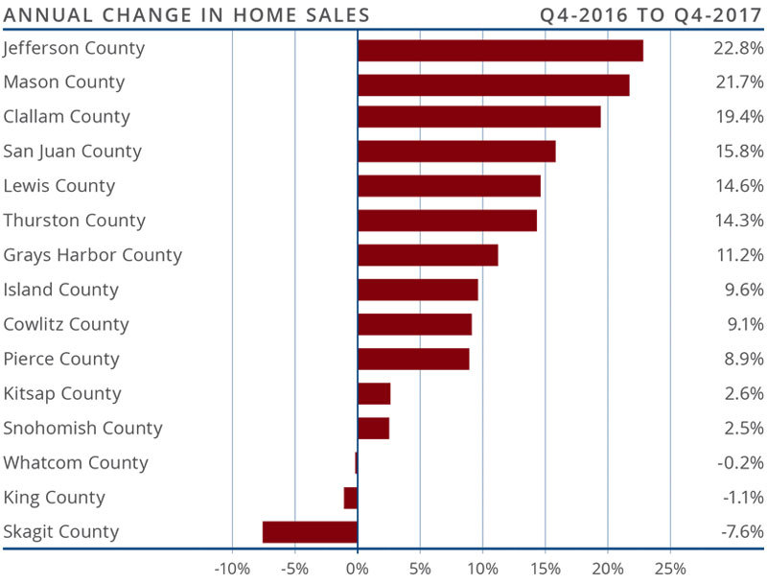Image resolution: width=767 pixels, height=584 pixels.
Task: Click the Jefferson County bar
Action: point(500,50)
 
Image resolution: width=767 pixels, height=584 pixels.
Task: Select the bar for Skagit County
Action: point(310,532)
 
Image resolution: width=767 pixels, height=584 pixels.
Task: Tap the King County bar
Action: point(351,498)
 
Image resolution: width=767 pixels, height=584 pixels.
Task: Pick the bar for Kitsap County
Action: point(374,394)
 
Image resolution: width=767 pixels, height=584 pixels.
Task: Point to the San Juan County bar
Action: point(456,152)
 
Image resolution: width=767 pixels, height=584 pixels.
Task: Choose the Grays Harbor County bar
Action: point(428,255)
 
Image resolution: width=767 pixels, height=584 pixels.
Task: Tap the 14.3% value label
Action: point(742,221)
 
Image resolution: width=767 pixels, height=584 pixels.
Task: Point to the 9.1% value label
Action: point(747,324)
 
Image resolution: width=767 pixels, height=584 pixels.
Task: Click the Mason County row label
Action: point(63,82)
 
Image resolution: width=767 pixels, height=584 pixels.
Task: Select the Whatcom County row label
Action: point(76,463)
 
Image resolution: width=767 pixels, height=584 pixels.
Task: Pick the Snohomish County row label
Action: point(82,429)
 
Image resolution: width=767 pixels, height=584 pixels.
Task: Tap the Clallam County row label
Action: point(66,117)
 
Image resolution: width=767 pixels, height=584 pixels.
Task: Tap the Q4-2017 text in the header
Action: point(716,14)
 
